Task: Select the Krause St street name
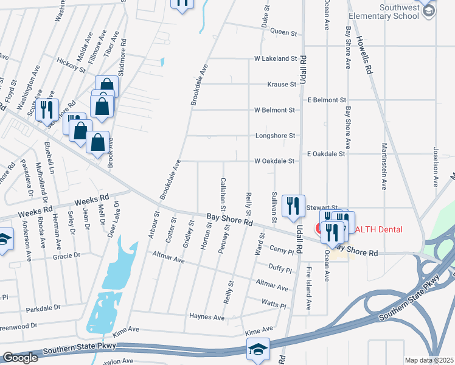(x=281, y=85)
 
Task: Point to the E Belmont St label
(x=327, y=100)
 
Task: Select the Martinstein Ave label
(x=384, y=167)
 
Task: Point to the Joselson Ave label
(x=436, y=166)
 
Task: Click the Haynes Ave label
(x=207, y=318)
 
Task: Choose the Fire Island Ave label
(x=308, y=288)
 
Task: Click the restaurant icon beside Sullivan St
(x=294, y=207)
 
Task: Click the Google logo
(x=20, y=358)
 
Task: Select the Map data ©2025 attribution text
(x=429, y=360)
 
